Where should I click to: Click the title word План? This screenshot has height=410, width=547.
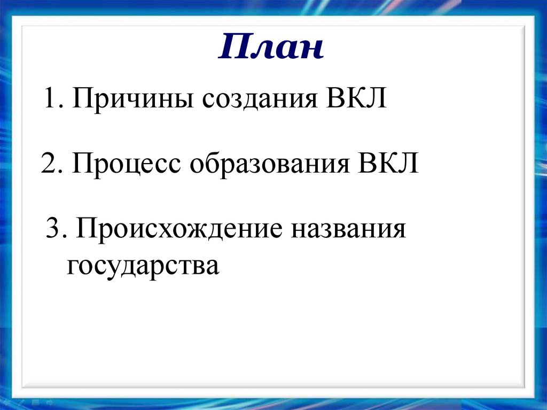pyautogui.click(x=272, y=48)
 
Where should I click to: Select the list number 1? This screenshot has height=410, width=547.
pyautogui.click(x=51, y=100)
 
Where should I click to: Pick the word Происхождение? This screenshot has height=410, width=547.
pyautogui.click(x=179, y=230)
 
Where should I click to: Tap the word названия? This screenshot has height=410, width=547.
pyautogui.click(x=348, y=230)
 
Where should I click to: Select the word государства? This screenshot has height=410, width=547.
pyautogui.click(x=143, y=266)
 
